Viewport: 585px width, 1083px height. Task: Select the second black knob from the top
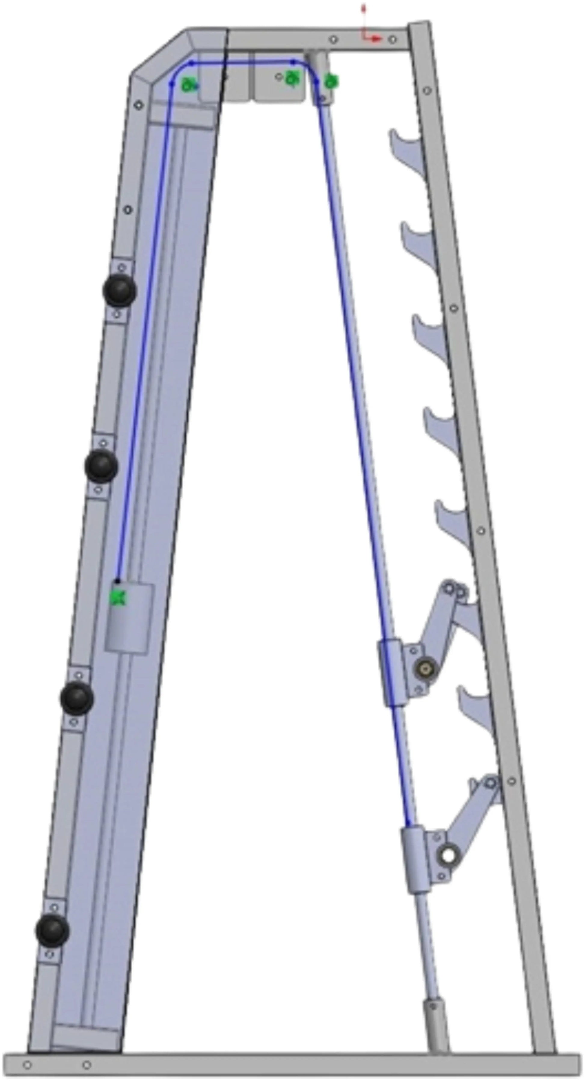pyautogui.click(x=101, y=466)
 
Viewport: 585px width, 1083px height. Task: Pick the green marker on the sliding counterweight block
pyautogui.click(x=118, y=597)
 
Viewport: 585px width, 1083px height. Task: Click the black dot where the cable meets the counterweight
pyautogui.click(x=118, y=581)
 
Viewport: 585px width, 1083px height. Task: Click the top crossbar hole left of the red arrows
pyautogui.click(x=333, y=40)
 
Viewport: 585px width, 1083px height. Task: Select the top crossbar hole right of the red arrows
pyautogui.click(x=392, y=40)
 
